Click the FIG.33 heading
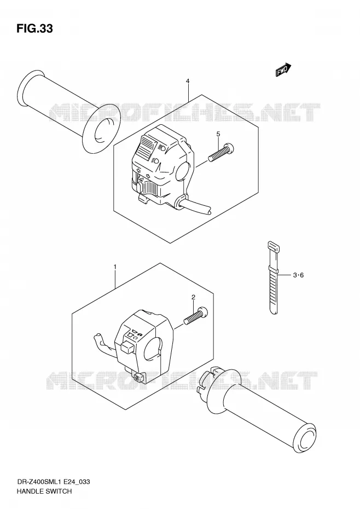[34, 28]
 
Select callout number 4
[188, 81]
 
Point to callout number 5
[218, 134]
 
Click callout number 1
[114, 267]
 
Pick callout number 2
[193, 297]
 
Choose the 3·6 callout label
[298, 275]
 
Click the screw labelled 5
[221, 153]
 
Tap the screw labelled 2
[196, 316]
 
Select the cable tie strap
[273, 277]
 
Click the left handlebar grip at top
[69, 107]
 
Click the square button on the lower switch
[127, 346]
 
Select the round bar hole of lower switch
[153, 349]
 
